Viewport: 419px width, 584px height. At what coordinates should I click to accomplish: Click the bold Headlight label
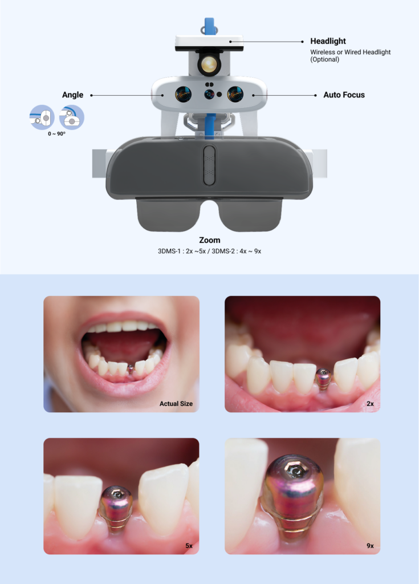coord(328,41)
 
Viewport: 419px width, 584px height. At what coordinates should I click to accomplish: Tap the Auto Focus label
coord(344,95)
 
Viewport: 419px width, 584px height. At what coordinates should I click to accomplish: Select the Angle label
coord(72,95)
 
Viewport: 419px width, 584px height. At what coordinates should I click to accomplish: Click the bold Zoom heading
coord(210,240)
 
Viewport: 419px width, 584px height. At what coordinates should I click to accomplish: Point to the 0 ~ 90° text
coord(56,133)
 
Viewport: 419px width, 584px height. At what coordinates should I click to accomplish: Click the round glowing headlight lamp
coord(209,64)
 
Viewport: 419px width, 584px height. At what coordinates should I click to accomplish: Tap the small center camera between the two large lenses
coord(209,95)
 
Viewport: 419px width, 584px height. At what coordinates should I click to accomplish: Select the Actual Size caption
coord(176,404)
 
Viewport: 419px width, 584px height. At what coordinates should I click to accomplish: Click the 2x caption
coord(370,404)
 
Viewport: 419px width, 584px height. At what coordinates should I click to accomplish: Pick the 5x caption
coord(189,546)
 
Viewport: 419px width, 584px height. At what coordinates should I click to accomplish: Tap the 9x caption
coord(370,546)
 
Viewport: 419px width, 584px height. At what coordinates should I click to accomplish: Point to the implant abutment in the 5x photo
coord(116,508)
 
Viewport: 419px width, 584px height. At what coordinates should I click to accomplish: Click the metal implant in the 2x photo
coord(323,379)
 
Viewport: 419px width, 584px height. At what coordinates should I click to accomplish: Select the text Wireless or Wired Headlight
coord(351,52)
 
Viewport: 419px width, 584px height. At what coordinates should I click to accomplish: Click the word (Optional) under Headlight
coord(325,59)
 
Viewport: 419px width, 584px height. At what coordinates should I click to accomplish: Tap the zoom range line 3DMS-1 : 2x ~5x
coord(182,252)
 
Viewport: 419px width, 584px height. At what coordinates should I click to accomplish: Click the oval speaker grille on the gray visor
coord(209,165)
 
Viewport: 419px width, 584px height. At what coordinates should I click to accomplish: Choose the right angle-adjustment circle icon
coord(71,117)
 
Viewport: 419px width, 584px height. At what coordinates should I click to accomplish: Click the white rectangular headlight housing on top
coord(209,42)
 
